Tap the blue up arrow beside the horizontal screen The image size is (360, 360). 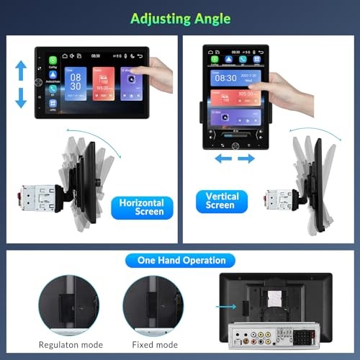[x=21, y=70]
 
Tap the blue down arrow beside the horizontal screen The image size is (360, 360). [x=21, y=99]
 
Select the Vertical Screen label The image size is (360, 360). [x=220, y=200]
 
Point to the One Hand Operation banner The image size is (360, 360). [x=180, y=260]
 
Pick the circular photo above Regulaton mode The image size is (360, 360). [x=70, y=304]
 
